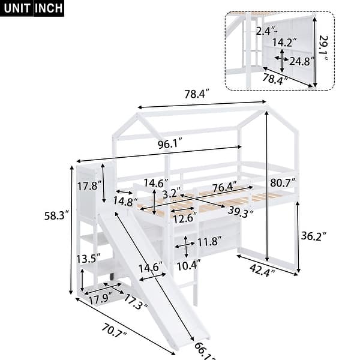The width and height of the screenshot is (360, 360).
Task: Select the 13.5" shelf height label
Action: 86,259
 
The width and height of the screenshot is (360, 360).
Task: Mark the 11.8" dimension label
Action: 206,242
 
